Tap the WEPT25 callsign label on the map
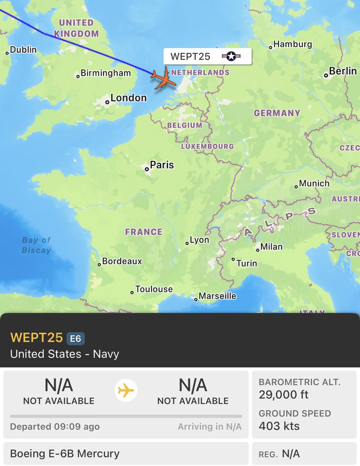(190, 57)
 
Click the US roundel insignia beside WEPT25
(231, 57)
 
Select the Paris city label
(162, 165)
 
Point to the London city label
(128, 98)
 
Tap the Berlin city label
(343, 71)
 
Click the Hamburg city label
(292, 44)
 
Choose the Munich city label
(314, 183)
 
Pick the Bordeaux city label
(122, 261)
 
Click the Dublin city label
(23, 50)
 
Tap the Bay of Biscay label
(36, 245)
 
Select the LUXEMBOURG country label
(208, 146)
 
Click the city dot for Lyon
(187, 243)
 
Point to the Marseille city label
(217, 296)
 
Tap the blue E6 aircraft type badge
(76, 339)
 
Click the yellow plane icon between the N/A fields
(126, 391)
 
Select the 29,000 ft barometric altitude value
(284, 395)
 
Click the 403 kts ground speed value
(279, 426)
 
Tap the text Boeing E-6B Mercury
(65, 454)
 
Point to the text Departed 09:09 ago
(55, 427)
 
